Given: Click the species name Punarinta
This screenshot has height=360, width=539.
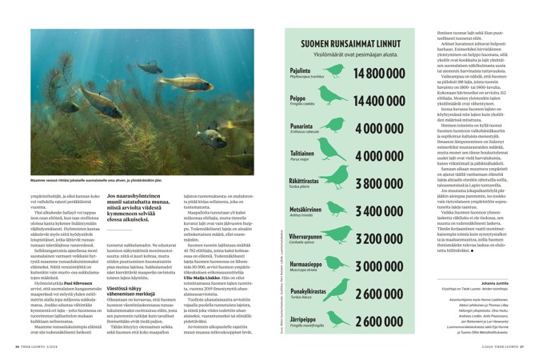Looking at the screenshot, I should point(301,126).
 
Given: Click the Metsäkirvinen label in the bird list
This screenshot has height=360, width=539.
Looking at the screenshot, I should point(305,208).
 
